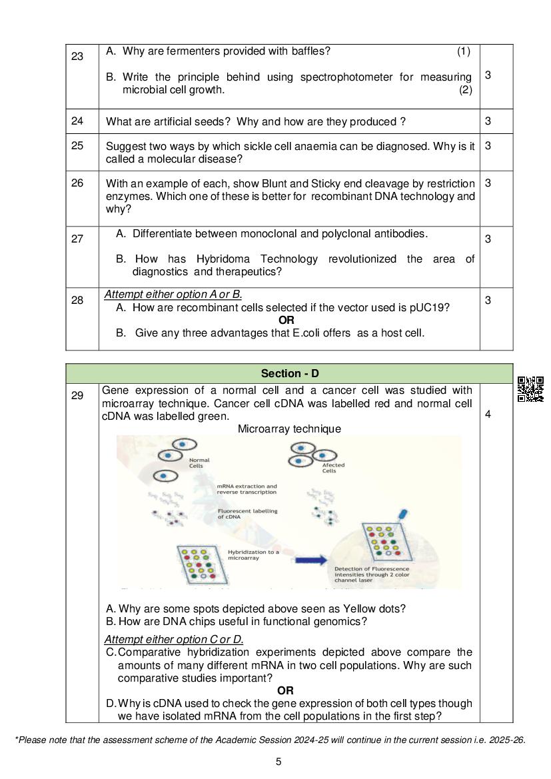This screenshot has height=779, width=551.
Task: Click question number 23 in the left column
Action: pos(77,57)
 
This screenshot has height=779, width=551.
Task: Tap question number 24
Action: pos(77,121)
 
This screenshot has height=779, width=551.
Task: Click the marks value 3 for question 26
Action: pos(488,183)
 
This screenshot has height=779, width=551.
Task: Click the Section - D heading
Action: pos(289,374)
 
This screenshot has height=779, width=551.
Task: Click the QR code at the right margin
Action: pos(530,389)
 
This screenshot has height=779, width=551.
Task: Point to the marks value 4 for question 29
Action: pos(488,414)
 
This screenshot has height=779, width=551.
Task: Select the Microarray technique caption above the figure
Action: pos(289,429)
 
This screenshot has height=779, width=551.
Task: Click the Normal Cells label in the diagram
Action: pos(199,463)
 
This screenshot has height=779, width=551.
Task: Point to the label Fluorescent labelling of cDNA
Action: pos(247,514)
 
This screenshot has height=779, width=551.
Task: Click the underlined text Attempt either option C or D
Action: pos(174,640)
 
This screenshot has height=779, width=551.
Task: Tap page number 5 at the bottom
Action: pos(278,762)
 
